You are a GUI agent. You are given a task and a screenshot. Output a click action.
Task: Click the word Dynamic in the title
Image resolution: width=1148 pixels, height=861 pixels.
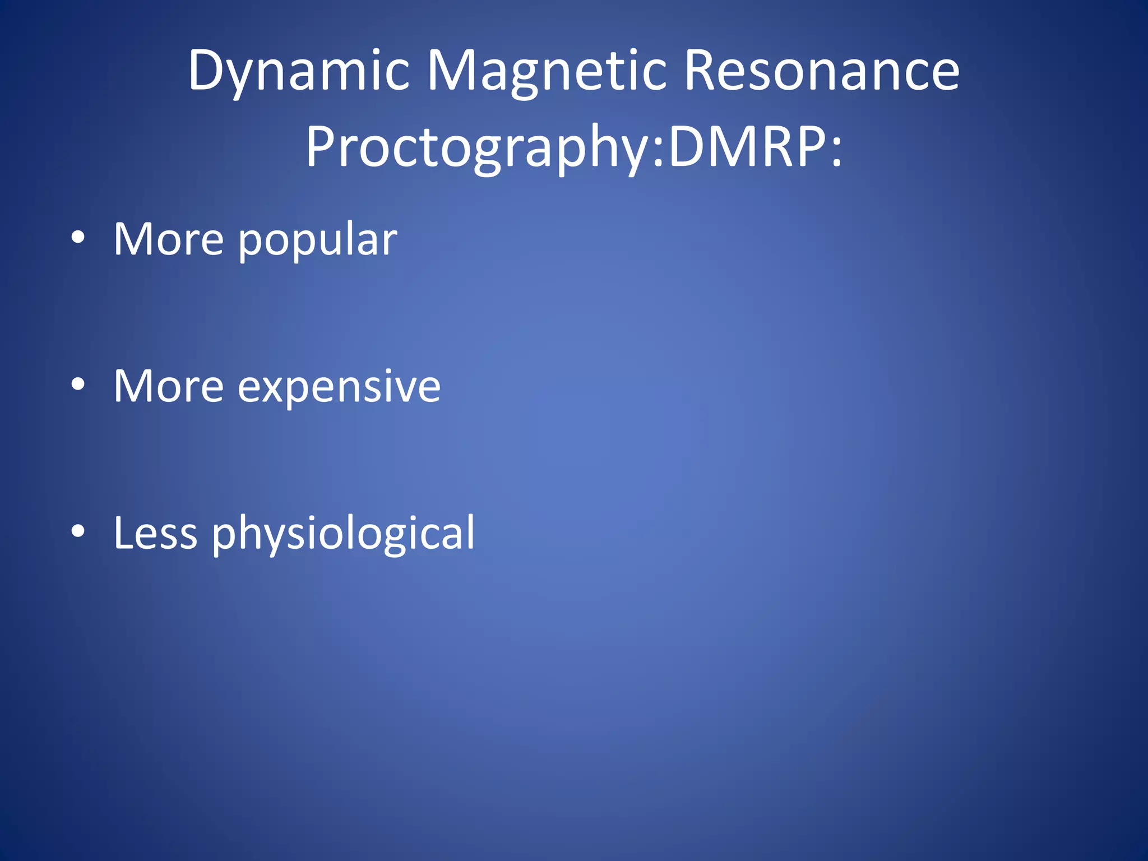pos(299,71)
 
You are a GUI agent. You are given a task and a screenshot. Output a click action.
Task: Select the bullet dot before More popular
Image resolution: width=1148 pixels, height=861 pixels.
pos(78,238)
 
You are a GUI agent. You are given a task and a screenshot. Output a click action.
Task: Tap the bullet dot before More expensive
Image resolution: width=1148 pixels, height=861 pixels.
pos(78,385)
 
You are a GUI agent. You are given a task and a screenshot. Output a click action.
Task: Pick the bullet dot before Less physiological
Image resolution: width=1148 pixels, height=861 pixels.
pos(78,531)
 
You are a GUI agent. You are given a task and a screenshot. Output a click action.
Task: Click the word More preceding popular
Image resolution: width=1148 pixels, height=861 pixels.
pos(169,240)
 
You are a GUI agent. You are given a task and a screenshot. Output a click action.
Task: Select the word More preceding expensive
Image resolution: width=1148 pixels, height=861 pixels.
pos(169,387)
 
